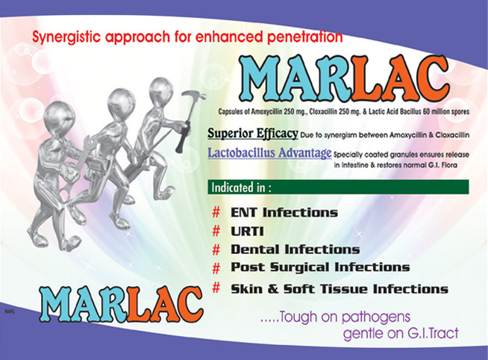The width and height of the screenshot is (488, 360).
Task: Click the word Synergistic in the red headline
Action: point(66,37)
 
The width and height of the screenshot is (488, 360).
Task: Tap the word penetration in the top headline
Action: point(304,37)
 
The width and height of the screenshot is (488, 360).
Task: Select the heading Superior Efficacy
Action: point(253,133)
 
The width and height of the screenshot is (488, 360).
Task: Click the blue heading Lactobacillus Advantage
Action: point(269,153)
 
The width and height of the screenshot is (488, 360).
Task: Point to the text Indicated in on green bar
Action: point(241,187)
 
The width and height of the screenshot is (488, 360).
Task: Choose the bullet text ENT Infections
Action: point(284,213)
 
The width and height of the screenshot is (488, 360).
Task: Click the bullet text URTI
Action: point(247,232)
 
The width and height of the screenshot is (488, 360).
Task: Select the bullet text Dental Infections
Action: point(295,249)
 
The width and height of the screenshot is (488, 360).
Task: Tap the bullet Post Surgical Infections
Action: point(320,267)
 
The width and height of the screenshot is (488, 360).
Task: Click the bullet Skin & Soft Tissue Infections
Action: point(340,289)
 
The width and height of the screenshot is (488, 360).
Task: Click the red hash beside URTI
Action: point(216,231)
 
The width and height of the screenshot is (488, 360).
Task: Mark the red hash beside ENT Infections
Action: point(216,212)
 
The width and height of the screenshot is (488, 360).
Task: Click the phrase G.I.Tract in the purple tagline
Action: point(433,334)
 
